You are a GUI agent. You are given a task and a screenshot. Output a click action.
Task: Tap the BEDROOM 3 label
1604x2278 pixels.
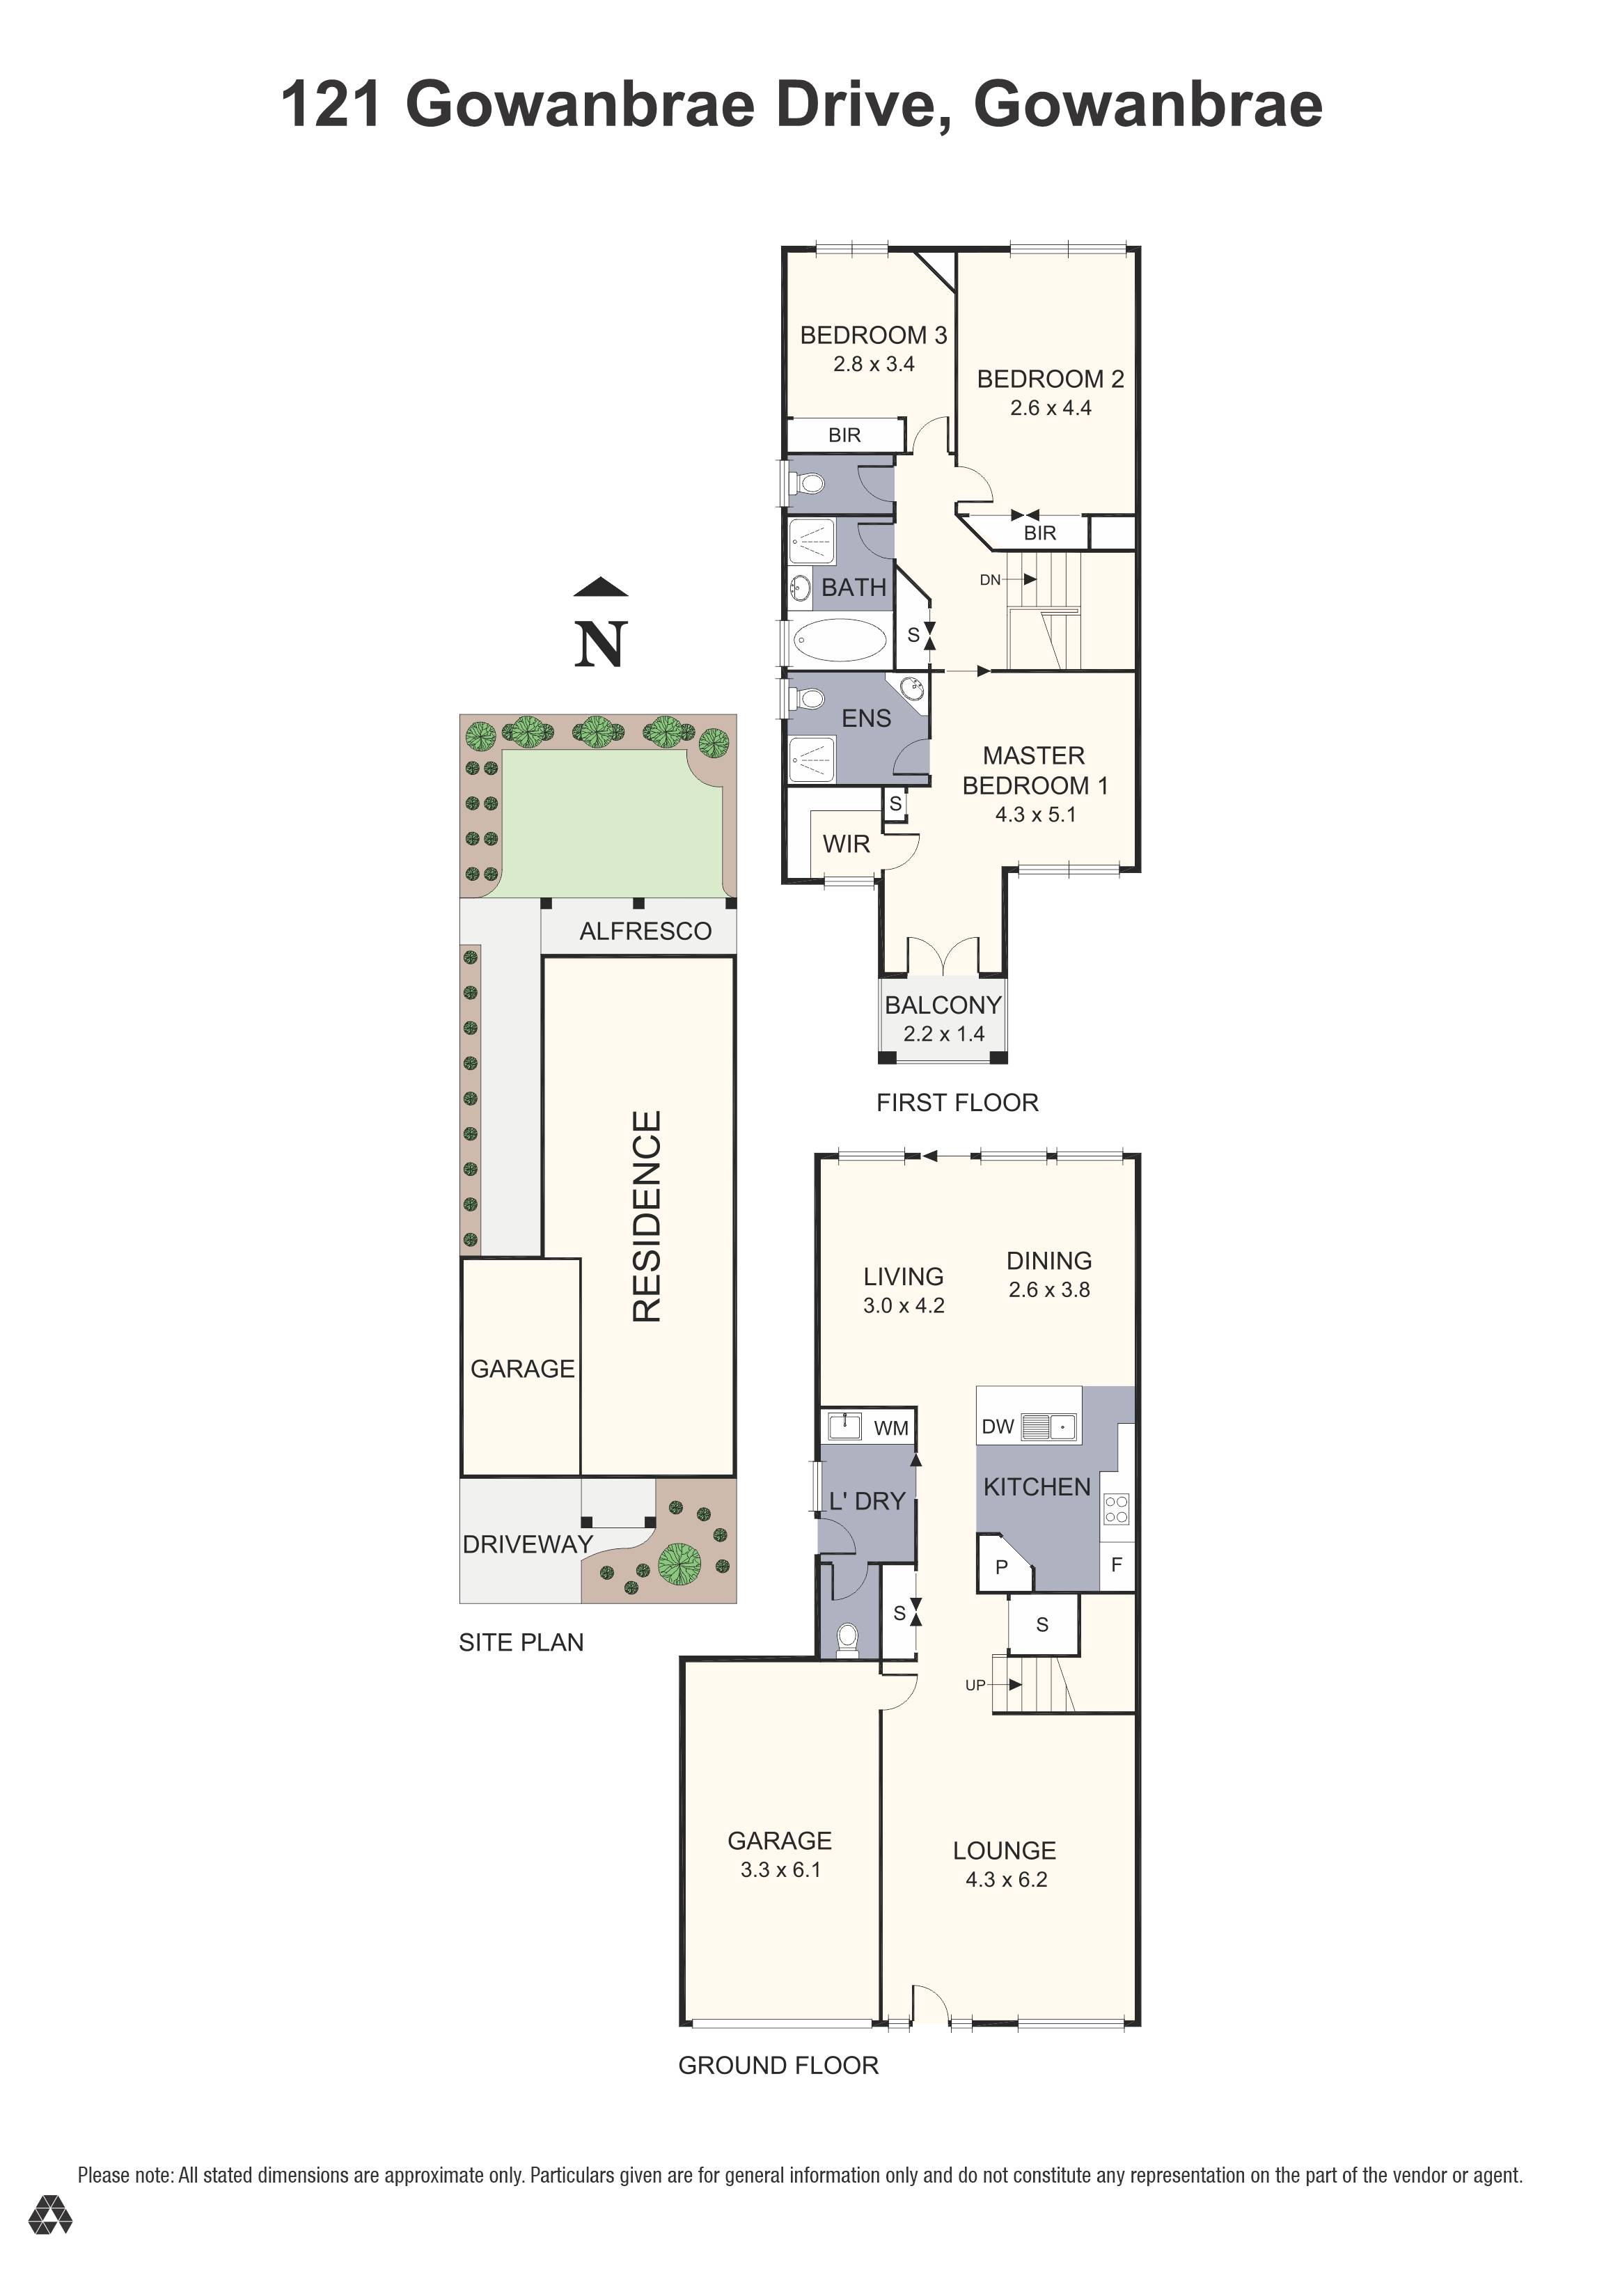tap(873, 336)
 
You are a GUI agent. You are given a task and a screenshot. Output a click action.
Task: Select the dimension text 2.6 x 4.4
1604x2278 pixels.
tap(1051, 408)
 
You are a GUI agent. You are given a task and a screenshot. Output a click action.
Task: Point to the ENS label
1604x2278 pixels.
tap(866, 718)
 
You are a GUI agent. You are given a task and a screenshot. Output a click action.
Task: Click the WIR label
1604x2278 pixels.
tap(846, 845)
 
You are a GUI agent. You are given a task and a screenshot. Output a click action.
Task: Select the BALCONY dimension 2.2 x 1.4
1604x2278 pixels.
tap(943, 1034)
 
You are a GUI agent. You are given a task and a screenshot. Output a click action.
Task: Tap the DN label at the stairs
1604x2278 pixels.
tap(990, 579)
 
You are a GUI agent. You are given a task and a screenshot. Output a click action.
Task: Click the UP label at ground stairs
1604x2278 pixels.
tap(975, 1685)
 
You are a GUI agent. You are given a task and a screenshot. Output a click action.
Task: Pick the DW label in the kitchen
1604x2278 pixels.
tap(997, 1427)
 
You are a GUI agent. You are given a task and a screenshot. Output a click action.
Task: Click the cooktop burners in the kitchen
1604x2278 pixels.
tap(1116, 1509)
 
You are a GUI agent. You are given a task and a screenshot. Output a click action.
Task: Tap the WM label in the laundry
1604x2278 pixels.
tap(891, 1428)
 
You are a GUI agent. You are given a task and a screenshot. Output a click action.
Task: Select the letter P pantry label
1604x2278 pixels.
tap(1001, 1568)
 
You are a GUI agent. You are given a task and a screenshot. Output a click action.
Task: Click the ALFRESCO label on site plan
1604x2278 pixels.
tap(646, 931)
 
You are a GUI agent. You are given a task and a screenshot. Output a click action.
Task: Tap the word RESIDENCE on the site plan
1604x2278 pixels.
tap(647, 1216)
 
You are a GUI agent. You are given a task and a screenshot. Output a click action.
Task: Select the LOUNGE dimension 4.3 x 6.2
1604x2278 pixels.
tap(1006, 1879)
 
